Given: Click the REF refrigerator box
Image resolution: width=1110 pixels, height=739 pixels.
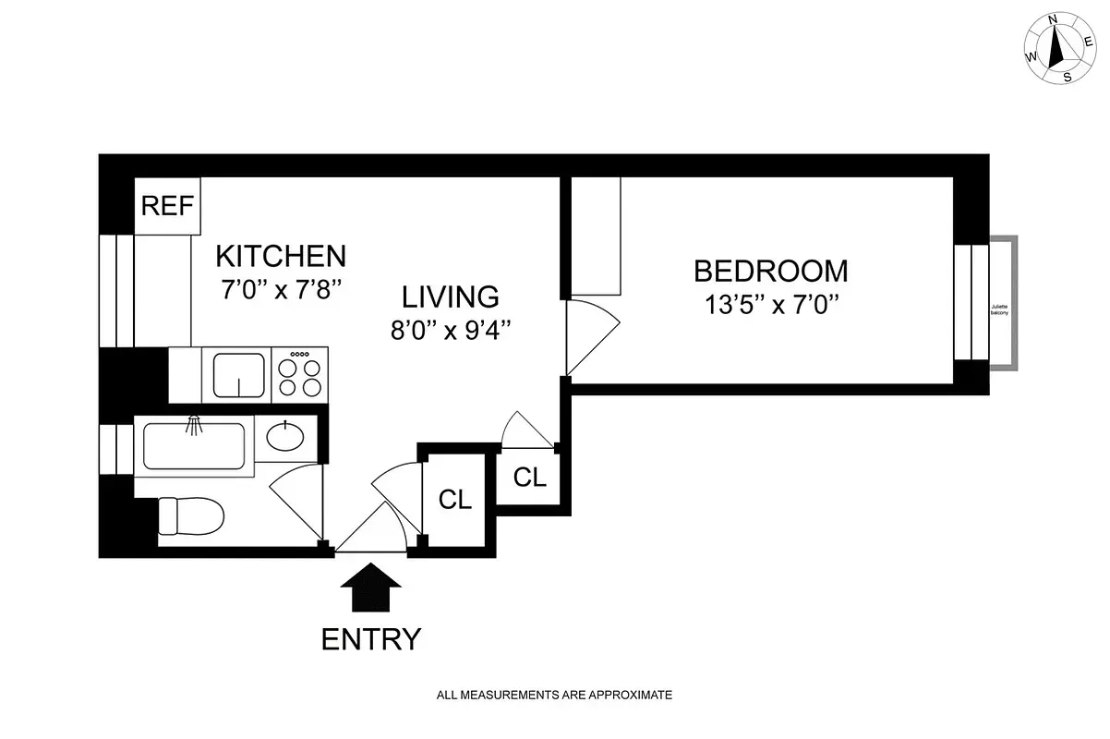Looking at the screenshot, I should pos(168,205).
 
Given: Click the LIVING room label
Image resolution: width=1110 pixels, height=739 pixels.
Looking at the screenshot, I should pos(450,297).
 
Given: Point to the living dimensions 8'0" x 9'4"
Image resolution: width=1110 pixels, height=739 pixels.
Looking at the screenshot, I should pos(450,330).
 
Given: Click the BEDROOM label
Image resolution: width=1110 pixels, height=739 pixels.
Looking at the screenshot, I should pos(770,271).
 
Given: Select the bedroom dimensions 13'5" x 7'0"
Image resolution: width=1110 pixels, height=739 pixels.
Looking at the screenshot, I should pos(770,305).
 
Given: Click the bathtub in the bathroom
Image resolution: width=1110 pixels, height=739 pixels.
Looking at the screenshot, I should pos(194,446).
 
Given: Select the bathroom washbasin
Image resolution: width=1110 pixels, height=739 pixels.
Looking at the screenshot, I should pos(288,436).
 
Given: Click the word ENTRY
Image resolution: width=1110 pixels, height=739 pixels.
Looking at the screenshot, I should pos(371,638).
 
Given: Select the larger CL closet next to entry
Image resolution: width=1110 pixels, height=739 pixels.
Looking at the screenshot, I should pos(455,500).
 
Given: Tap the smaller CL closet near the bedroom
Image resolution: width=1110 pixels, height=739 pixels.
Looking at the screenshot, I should pos(529,477).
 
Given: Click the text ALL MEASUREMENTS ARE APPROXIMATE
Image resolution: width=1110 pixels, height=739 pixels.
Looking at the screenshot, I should pos(554,695).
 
